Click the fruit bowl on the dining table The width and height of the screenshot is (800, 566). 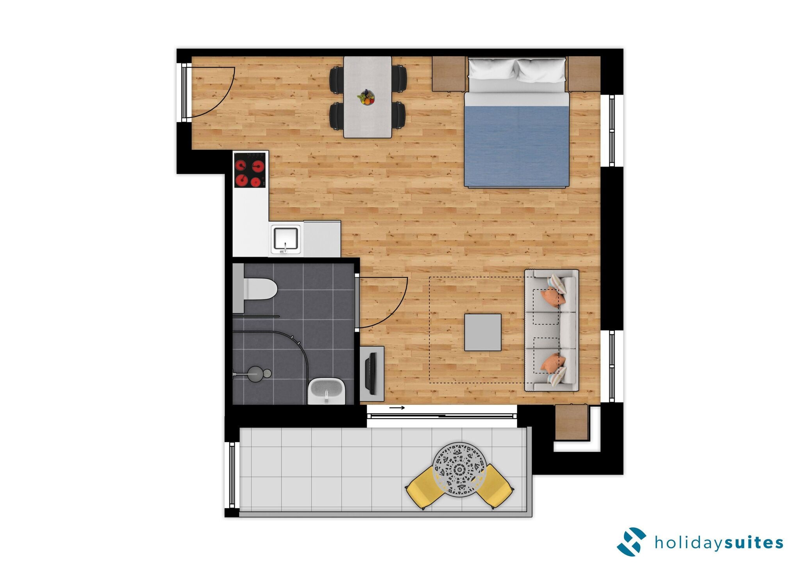(366, 97)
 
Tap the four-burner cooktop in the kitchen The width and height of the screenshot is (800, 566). (250, 170)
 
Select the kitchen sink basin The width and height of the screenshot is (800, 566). (286, 238)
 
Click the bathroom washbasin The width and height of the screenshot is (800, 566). (327, 391)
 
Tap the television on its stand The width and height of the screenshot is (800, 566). (371, 373)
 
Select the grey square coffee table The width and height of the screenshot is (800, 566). (483, 332)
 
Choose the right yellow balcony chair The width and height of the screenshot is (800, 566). (495, 486)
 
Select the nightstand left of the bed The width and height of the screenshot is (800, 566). (448, 73)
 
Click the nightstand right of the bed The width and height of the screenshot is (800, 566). (584, 73)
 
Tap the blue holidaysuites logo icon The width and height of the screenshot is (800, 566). (631, 542)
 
